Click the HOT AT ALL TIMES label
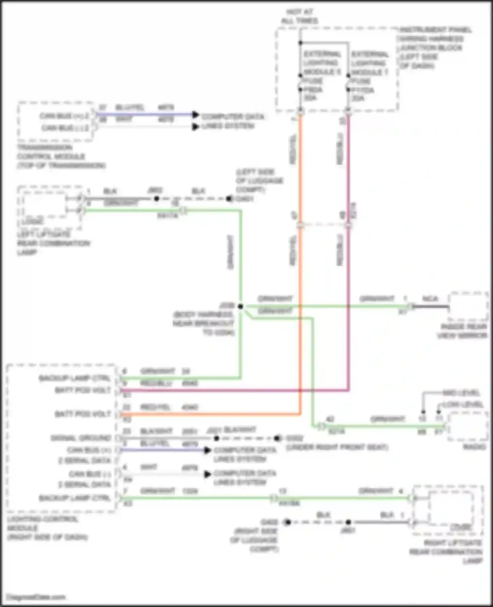(x=299, y=16)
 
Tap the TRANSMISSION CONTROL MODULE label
(x=61, y=156)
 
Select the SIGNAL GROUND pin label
(x=81, y=438)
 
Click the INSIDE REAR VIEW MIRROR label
(x=462, y=331)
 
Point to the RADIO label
(x=474, y=447)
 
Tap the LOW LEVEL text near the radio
(x=462, y=404)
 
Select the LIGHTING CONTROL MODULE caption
(x=47, y=528)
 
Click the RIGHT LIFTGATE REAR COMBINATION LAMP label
(x=446, y=552)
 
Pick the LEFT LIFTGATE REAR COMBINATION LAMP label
(x=53, y=243)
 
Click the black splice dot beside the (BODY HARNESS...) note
(x=241, y=306)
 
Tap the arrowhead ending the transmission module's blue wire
(x=196, y=115)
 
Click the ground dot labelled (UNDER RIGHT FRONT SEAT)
(x=277, y=438)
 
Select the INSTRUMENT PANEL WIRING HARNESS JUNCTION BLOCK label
(x=435, y=48)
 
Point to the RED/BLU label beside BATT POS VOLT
(x=156, y=383)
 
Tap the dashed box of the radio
(x=468, y=426)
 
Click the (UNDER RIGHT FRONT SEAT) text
(x=337, y=447)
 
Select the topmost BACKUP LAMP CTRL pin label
(x=75, y=378)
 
